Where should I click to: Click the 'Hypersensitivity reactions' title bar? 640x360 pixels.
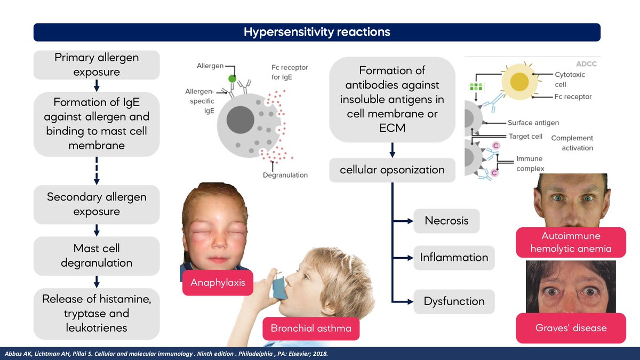tap(317, 32)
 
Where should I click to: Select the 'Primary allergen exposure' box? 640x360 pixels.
tap(97, 65)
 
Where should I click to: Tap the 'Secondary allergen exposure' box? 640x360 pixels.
tap(97, 204)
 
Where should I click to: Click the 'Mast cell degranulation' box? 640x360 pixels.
tap(97, 256)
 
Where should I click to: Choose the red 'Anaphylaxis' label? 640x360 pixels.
tap(218, 283)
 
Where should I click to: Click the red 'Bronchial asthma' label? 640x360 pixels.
tap(311, 328)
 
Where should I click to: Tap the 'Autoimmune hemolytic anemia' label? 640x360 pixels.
tap(571, 242)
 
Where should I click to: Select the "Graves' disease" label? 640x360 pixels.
tap(571, 327)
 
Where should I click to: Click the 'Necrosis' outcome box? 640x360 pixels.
tap(446, 221)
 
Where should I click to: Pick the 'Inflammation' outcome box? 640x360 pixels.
tap(454, 258)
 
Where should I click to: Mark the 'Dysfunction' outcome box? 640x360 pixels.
tap(454, 301)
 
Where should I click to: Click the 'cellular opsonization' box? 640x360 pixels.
tap(392, 170)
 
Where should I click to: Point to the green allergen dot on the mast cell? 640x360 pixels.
tap(232, 79)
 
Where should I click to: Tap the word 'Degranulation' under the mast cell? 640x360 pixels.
tap(285, 175)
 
